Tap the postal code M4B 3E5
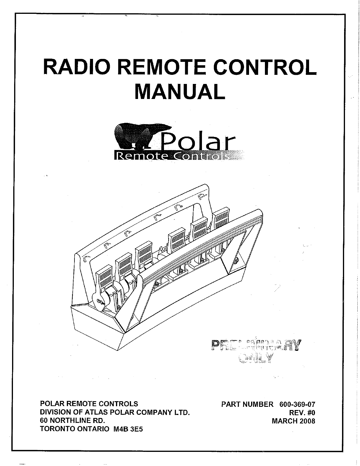point(128,429)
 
